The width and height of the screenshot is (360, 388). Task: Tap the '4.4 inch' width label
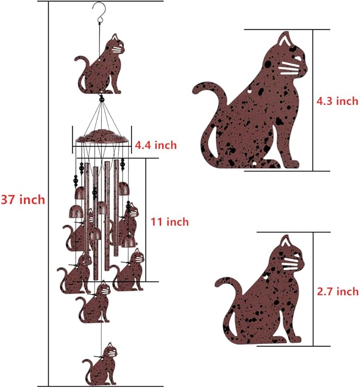pyautogui.click(x=155, y=145)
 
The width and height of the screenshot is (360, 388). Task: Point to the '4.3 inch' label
pyautogui.click(x=337, y=101)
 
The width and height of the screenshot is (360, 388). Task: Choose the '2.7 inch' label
pyautogui.click(x=337, y=292)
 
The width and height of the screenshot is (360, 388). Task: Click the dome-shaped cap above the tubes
pyautogui.click(x=102, y=137)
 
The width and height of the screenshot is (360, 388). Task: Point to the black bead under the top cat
pyautogui.click(x=101, y=98)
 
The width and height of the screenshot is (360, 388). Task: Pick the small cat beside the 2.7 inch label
pyautogui.click(x=265, y=297)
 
